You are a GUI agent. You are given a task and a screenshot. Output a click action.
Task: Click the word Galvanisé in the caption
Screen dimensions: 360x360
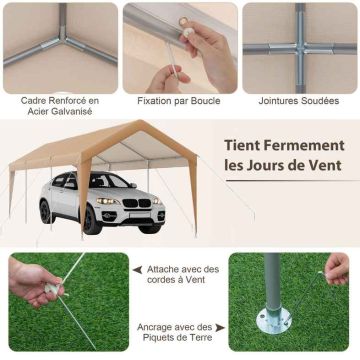(x=71, y=112)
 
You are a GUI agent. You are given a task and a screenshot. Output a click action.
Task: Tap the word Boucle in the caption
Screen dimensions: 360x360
(x=205, y=101)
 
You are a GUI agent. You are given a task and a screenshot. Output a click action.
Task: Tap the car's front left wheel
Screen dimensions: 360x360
(x=92, y=219)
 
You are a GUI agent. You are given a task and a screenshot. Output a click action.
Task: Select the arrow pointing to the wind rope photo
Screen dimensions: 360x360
(x=137, y=270)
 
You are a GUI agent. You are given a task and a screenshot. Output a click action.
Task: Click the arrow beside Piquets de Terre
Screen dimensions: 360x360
(x=220, y=328)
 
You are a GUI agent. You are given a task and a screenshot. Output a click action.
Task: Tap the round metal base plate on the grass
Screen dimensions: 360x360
(x=274, y=321)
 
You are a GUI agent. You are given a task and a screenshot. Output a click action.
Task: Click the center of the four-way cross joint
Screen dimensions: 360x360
(x=300, y=48)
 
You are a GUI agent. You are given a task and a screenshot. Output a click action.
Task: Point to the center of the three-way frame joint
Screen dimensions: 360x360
(x=62, y=39)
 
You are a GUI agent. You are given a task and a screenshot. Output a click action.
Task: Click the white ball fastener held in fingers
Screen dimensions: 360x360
(x=189, y=32)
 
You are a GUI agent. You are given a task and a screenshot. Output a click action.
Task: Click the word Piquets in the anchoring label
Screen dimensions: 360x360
(x=158, y=337)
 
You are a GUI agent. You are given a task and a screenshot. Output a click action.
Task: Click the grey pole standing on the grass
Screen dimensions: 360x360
(x=273, y=284)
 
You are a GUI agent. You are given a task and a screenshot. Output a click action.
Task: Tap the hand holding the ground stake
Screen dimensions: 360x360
(x=337, y=269)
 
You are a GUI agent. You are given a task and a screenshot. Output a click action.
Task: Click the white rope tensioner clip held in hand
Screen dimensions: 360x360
(x=53, y=288)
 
